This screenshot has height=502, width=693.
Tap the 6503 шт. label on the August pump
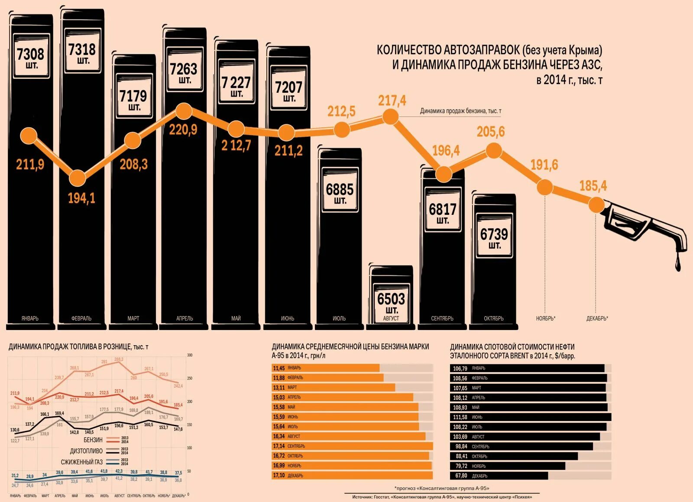[391, 302]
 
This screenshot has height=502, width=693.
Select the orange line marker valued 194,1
[78, 178]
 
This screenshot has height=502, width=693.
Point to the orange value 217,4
[392, 100]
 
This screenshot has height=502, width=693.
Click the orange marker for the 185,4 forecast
[596, 204]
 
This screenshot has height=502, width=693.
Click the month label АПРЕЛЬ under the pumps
[185, 318]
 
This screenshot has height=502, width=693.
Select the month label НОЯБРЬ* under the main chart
[545, 318]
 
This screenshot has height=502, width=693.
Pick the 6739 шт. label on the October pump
[494, 238]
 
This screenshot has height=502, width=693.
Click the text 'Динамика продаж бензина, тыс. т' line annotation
[460, 111]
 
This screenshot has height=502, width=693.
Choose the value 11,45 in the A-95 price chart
[278, 368]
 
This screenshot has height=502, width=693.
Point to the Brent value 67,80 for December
[461, 476]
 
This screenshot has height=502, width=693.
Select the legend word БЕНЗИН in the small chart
[93, 440]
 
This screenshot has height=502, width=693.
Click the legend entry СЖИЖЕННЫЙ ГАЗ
[81, 462]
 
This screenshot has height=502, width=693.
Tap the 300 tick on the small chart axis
[189, 355]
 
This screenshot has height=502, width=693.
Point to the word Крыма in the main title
[584, 50]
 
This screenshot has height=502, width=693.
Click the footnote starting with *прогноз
[441, 488]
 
